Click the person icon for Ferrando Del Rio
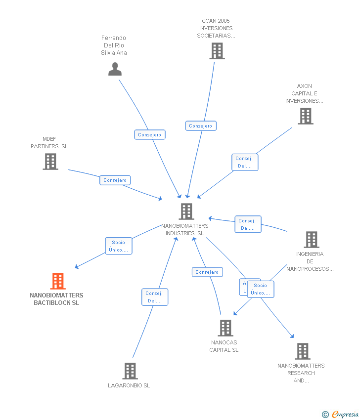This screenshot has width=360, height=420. click(115, 69)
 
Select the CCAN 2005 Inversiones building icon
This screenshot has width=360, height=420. click(217, 51)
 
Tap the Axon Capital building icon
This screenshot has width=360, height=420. click(305, 116)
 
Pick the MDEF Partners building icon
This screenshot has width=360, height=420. click(50, 162)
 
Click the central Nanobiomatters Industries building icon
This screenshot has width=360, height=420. click(186, 211)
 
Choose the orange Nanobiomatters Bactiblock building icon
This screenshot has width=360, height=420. click(58, 281)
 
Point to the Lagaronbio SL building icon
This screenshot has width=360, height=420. click(130, 371)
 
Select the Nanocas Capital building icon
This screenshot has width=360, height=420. click(225, 328)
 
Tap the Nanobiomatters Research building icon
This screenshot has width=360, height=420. click(302, 351)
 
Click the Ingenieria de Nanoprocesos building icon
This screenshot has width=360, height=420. click(311, 240)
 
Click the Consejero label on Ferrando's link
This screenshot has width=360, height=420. click(150, 134)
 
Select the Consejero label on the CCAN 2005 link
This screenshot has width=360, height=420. click(201, 126)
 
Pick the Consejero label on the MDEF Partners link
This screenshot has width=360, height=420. click(115, 180)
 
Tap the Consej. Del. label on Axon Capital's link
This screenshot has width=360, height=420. click(245, 162)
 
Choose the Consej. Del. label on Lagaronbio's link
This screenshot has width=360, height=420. click(155, 297)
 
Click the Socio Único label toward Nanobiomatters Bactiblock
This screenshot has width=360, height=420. click(119, 246)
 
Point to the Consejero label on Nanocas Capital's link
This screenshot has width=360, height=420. click(207, 272)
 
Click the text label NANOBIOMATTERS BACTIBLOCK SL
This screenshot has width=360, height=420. click(56, 299)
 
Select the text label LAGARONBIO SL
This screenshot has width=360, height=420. click(129, 385)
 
